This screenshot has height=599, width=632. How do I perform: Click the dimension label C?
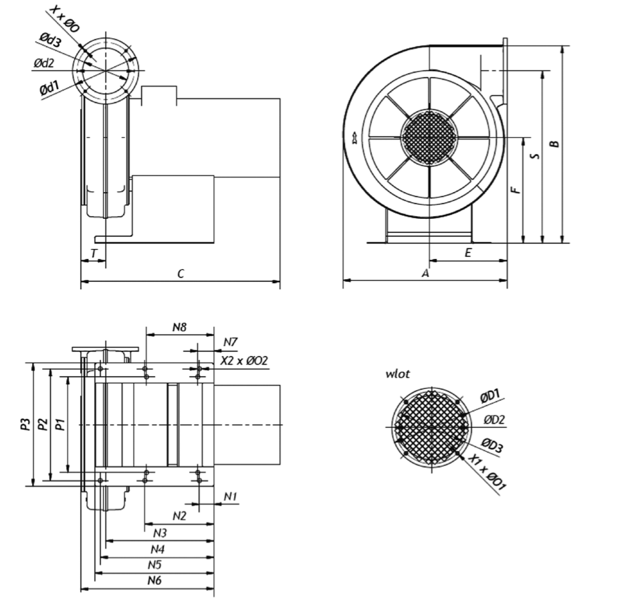pyautogui.click(x=181, y=273)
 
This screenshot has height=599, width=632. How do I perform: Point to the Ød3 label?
pyautogui.click(x=51, y=40)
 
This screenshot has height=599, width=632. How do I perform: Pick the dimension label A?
pyautogui.click(x=425, y=273)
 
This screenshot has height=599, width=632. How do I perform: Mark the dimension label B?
pyautogui.click(x=554, y=143)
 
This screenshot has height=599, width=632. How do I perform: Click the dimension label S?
pyautogui.click(x=534, y=155)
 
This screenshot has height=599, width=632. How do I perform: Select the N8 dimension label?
pyautogui.click(x=179, y=327)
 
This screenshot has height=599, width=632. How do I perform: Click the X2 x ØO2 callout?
pyautogui.click(x=244, y=361)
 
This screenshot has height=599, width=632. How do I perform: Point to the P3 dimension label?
pyautogui.click(x=25, y=424)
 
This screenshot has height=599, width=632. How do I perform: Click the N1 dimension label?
pyautogui.click(x=231, y=496)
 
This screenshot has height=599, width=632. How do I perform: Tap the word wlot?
pyautogui.click(x=397, y=374)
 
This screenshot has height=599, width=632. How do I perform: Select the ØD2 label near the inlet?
pyautogui.click(x=495, y=420)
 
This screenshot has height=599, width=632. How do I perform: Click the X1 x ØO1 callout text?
pyautogui.click(x=486, y=473)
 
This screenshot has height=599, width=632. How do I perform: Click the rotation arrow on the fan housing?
pyautogui.click(x=352, y=139)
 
